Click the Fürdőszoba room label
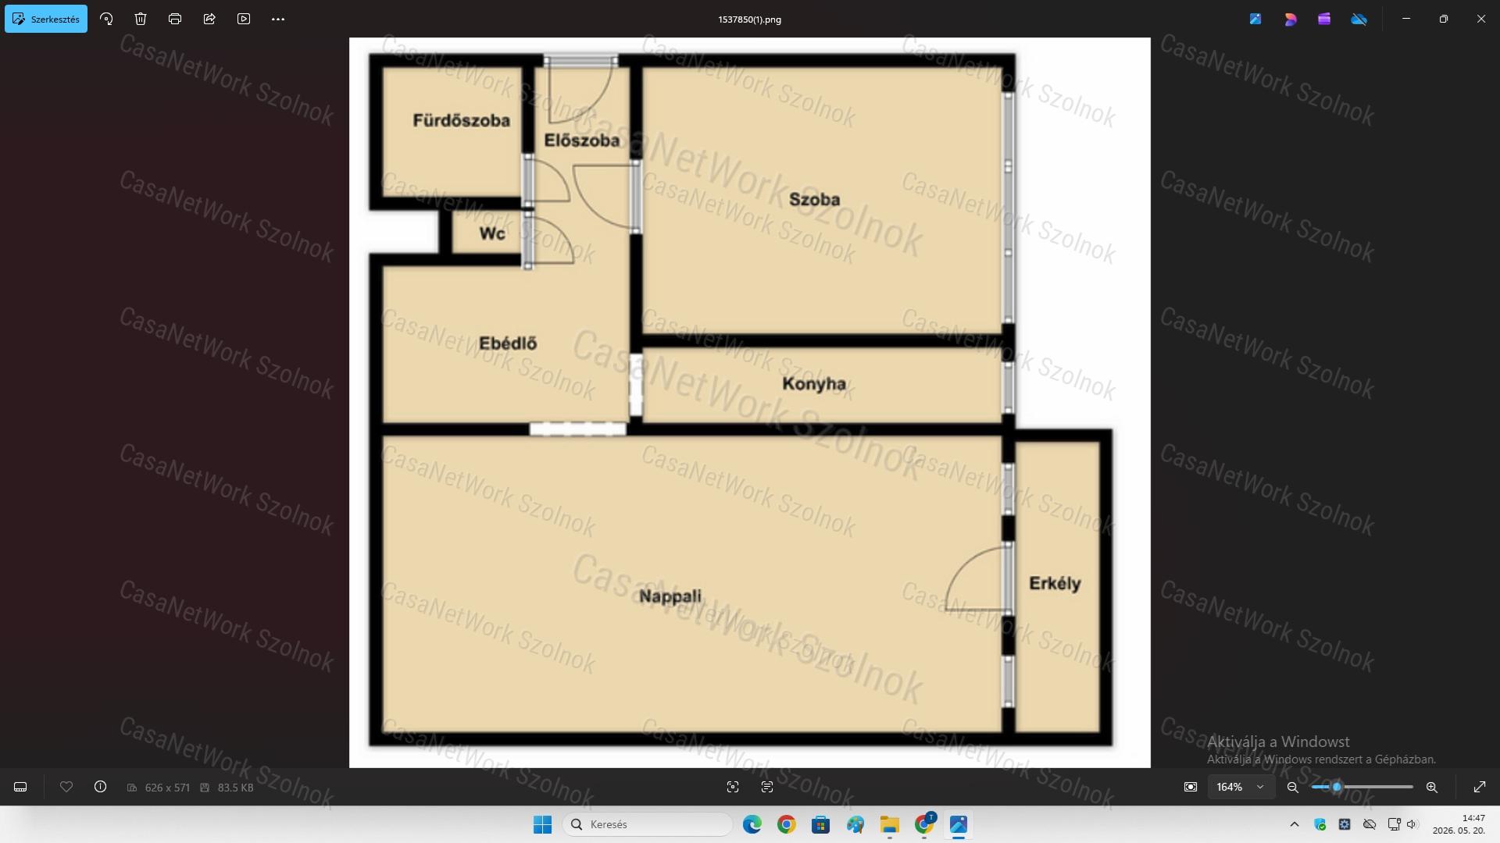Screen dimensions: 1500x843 pos(461,120)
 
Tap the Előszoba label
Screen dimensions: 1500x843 pos(582,140)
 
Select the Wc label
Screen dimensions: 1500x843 pos(492,233)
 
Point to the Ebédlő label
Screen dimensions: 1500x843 pos(508,343)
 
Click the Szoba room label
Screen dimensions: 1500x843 pos(815,200)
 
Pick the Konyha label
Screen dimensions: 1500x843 pos(814,384)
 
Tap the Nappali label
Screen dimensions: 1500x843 pos(670,597)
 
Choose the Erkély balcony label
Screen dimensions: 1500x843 pos(1055,584)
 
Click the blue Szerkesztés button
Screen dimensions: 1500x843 pos(46,19)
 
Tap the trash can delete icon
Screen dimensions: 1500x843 pos(141,19)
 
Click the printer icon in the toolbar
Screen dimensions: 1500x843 pos(175,19)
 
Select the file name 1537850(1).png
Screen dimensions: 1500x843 pos(750,20)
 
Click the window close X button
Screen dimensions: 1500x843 pos(1481,19)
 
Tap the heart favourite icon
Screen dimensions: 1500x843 pos(66,787)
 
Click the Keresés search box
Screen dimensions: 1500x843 pos(648,824)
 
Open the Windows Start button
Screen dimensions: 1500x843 pos(542,824)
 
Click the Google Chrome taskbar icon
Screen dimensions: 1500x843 pos(786,824)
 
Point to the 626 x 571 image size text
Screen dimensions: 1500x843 pos(167,788)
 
